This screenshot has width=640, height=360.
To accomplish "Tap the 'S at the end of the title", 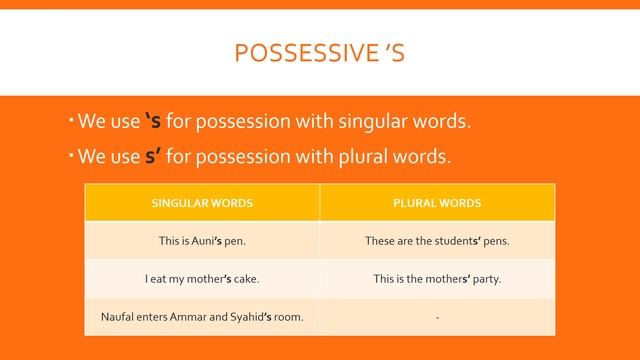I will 391,51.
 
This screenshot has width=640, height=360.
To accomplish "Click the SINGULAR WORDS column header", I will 202,203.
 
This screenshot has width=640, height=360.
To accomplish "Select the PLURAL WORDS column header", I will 437,203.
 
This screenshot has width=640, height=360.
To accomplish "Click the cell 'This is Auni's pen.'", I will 202,241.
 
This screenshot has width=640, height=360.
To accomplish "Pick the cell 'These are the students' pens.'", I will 437,241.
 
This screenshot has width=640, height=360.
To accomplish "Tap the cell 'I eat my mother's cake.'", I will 202,279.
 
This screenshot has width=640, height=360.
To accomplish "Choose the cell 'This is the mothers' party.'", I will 437,279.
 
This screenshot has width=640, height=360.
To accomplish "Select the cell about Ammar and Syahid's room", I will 202,317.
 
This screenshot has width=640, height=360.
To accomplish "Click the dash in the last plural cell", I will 437,318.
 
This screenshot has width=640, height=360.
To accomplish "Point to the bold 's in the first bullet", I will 153,123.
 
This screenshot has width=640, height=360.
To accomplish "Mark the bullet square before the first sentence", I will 72,119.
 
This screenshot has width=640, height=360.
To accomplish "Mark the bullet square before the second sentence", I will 72,153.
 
